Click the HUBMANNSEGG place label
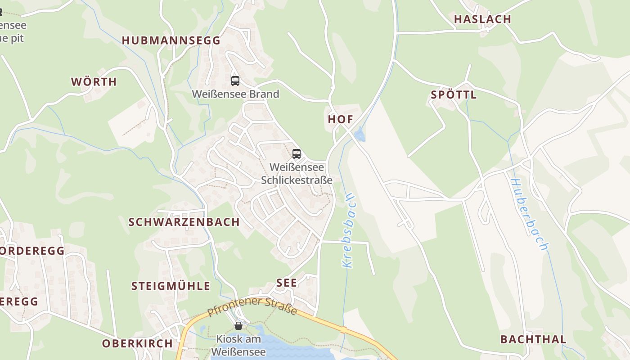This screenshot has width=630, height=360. [171, 40]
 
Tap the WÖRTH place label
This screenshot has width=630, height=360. [94, 82]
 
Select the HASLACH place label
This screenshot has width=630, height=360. [482, 19]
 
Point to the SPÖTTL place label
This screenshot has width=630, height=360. [454, 95]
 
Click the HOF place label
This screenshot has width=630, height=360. [340, 119]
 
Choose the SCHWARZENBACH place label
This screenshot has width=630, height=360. [184, 222]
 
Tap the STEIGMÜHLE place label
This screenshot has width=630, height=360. [171, 286]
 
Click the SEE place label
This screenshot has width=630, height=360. [287, 283]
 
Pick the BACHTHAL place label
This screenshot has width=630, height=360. [533, 339]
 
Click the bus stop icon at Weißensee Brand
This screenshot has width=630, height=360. [235, 81]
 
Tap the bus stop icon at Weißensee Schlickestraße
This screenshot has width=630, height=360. [296, 154]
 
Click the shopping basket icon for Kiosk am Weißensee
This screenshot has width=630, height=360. [238, 325]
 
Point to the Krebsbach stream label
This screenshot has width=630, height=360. [349, 231]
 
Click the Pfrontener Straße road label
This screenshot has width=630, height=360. [252, 306]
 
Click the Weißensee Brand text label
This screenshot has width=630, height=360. [235, 94]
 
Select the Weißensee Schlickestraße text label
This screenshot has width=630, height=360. [297, 174]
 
